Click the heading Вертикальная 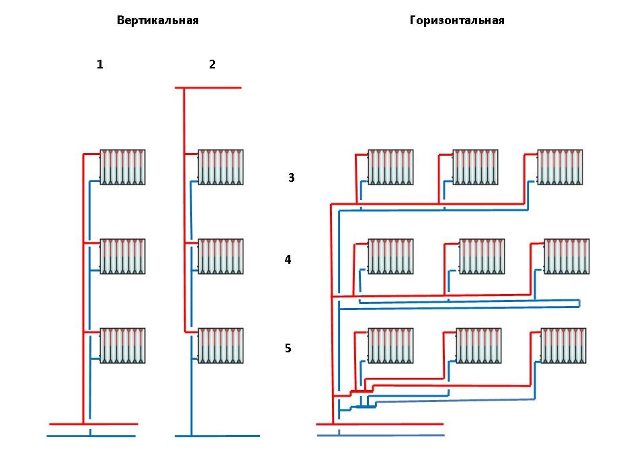tap(158, 21)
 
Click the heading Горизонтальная tap(457, 21)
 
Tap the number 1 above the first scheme tap(100, 64)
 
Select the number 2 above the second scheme tap(212, 64)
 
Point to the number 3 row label tap(292, 177)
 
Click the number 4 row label tap(288, 260)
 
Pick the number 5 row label tap(288, 348)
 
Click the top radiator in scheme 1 tap(122, 167)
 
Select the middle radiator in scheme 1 tap(122, 256)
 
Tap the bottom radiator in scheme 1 tap(122, 346)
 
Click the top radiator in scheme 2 tap(220, 167)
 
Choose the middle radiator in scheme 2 tap(220, 256)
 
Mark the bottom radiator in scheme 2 tap(220, 346)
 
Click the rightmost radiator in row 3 tap(560, 167)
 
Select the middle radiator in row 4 tap(482, 256)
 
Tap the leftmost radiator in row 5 tap(390, 346)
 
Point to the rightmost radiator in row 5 tap(563, 346)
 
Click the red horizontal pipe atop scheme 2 tap(208, 88)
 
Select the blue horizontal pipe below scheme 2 tap(217, 436)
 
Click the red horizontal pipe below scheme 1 tap(94, 423)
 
